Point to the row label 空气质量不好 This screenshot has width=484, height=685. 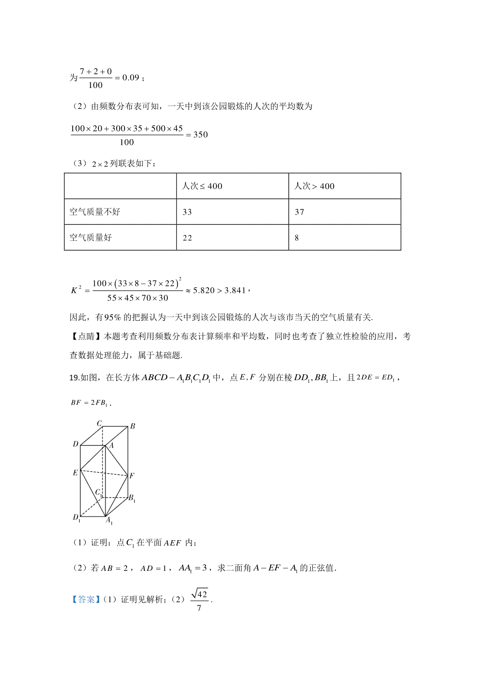coord(95,212)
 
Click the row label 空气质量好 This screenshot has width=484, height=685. coord(91,237)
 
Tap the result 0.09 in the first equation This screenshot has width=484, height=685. coord(131,77)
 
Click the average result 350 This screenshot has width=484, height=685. coord(200,135)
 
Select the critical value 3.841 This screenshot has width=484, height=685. coord(235,290)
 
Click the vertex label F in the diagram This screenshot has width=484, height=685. coord(132,476)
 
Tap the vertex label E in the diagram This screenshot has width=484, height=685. coord(75,473)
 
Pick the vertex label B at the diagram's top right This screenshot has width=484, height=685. coord(132,426)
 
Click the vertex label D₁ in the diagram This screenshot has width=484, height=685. coord(76,517)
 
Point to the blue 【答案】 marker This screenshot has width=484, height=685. coord(86,599)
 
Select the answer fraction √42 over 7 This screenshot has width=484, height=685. coord(200,600)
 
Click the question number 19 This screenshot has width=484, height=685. coord(74,378)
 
